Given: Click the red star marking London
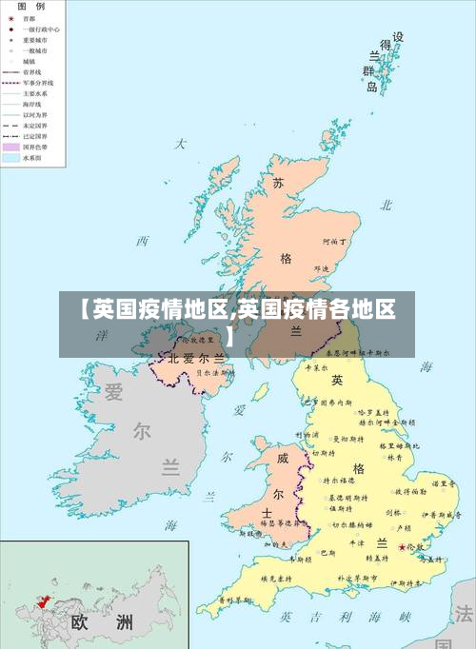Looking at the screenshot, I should click(402, 547).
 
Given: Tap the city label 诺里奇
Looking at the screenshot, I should click(442, 483).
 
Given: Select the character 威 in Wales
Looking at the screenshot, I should click(283, 458).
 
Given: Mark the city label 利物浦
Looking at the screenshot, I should click(308, 435).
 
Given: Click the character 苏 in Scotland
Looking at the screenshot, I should click(278, 184).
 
